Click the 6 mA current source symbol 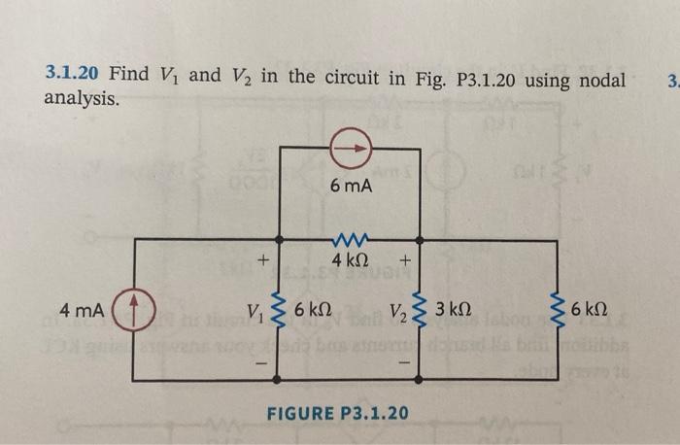pyautogui.click(x=351, y=149)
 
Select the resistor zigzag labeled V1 pyautogui.click(x=281, y=311)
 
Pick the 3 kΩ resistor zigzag pyautogui.click(x=421, y=311)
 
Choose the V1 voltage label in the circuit pyautogui.click(x=255, y=312)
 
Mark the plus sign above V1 pyautogui.click(x=259, y=260)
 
